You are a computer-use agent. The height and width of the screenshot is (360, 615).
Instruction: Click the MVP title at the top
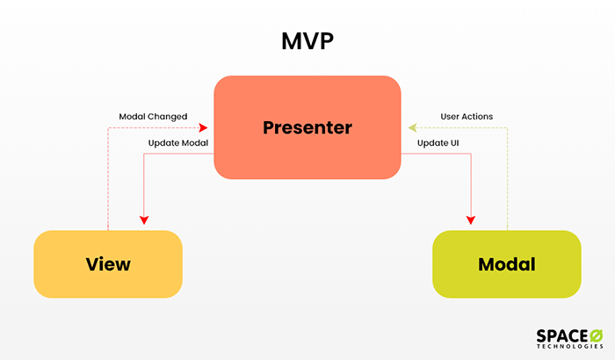(307, 42)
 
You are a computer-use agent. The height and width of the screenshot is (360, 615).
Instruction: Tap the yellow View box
(108, 263)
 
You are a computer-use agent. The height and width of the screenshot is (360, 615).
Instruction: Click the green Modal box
(506, 263)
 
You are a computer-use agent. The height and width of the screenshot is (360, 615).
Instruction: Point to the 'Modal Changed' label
(153, 116)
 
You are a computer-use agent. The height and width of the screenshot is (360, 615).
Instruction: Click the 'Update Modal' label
(177, 142)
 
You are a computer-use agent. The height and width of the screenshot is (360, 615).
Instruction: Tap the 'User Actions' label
(466, 116)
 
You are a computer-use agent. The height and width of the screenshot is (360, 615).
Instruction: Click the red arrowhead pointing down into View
(143, 220)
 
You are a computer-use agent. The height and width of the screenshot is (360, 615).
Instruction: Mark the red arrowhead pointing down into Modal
(472, 220)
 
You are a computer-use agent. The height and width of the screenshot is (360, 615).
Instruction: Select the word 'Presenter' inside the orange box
(307, 127)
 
